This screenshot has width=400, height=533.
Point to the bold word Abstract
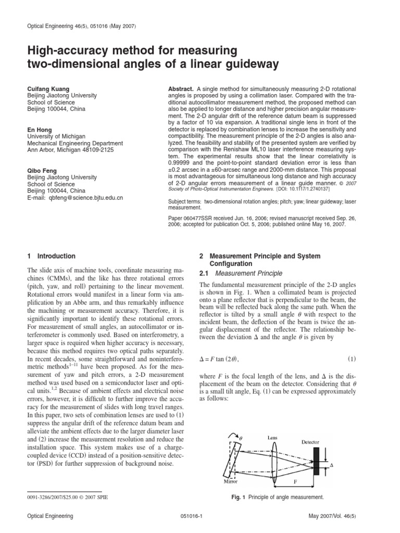[x=181, y=89]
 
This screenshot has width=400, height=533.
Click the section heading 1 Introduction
[x=51, y=256]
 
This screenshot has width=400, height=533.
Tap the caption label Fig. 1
[x=239, y=498]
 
